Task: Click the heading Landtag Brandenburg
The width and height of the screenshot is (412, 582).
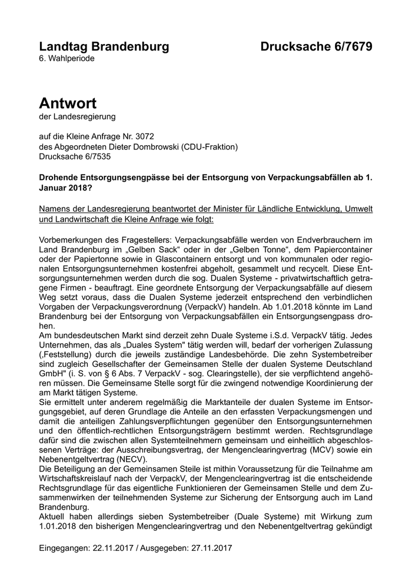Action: [104, 47]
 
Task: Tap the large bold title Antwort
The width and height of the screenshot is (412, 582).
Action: [68, 103]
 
